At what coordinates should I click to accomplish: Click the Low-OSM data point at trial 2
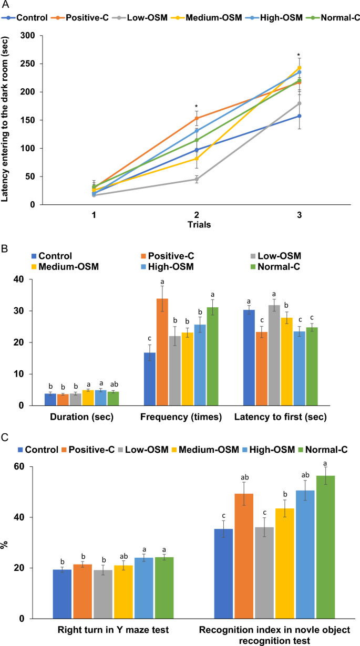pos(197,179)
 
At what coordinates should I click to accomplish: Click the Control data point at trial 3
pos(299,116)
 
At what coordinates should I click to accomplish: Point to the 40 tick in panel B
pos(19,279)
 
